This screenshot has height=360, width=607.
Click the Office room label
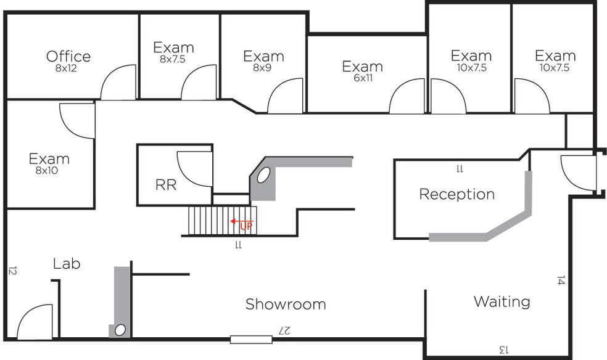point(68,57)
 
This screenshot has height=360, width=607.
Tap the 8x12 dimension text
point(66,68)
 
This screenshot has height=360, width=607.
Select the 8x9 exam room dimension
point(262,68)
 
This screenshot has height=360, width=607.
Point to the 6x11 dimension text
point(363,78)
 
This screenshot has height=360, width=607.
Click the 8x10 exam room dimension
point(47,171)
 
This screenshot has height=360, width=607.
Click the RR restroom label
point(166,185)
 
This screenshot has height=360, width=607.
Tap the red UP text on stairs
point(246,226)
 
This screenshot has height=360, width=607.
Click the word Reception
point(457,194)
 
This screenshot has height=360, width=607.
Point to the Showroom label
point(286,305)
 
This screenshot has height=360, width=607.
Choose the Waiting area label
point(502,301)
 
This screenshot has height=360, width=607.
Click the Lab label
point(67,264)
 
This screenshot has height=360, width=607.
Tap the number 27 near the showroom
point(284,331)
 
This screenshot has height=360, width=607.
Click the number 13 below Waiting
point(503,350)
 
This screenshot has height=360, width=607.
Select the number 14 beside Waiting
point(561,280)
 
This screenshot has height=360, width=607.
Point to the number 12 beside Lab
point(12,271)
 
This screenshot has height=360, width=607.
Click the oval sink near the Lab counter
point(120,330)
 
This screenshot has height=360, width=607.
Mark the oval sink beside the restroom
point(263,175)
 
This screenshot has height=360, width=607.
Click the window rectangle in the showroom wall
point(251,340)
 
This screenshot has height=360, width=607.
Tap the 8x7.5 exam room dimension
point(173,59)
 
